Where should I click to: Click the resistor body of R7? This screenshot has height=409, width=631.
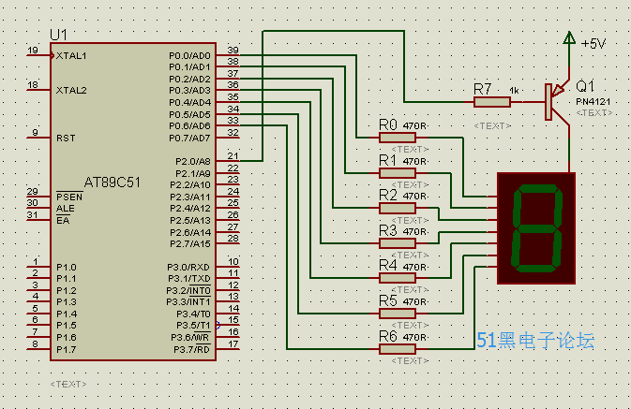[492, 102]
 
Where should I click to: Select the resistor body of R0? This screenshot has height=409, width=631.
[398, 138]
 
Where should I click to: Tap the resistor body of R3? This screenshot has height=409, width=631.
[398, 243]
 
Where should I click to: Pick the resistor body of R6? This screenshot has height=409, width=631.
[398, 349]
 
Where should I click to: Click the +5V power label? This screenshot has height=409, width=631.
[593, 43]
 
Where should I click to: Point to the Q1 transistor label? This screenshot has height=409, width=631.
[585, 86]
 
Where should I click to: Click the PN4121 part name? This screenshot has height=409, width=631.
[593, 102]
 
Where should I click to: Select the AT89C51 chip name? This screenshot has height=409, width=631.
[113, 183]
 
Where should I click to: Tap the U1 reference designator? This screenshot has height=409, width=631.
[59, 35]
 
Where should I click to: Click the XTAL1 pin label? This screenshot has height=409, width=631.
[71, 56]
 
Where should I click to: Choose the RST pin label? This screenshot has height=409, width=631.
[66, 139]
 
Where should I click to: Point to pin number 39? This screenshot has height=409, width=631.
[233, 50]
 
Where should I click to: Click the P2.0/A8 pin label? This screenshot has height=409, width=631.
[193, 162]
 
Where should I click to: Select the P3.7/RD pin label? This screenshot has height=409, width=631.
[191, 349]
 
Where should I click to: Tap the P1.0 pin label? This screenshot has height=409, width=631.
[67, 268]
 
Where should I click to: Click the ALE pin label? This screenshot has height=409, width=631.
[66, 209]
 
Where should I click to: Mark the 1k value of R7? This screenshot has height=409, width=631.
[515, 91]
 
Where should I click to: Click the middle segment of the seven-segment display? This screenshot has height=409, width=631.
[536, 228]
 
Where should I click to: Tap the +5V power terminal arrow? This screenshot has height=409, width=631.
[569, 37]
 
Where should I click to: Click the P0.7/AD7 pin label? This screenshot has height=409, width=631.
[189, 139]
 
